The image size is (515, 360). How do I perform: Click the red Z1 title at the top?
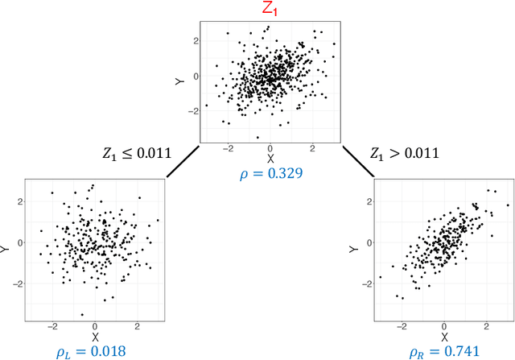270,10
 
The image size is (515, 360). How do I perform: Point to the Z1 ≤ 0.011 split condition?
136,152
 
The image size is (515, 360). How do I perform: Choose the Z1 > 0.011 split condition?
405,152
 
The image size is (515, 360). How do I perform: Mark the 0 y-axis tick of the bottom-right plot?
369,242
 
